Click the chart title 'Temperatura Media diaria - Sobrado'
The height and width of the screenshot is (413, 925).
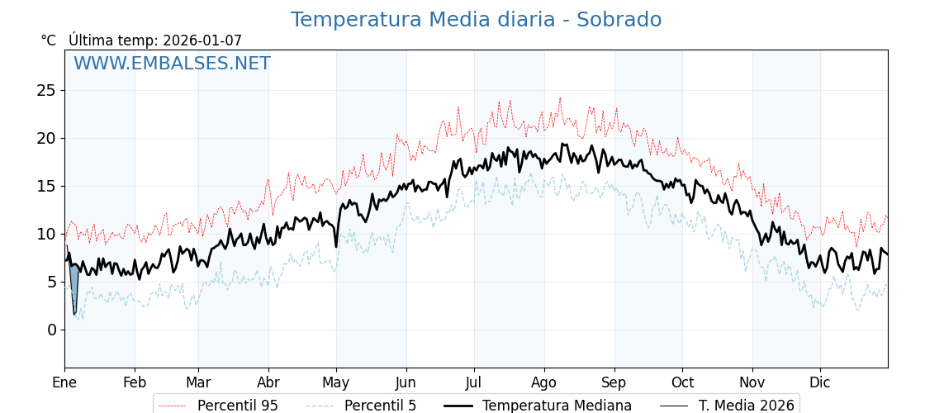tap(476, 20)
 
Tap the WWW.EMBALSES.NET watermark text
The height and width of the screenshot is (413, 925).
tap(172, 64)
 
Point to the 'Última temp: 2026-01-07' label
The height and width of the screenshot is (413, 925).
tap(155, 40)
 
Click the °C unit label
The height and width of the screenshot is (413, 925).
tap(49, 40)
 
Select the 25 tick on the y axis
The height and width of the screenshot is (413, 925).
tap(46, 90)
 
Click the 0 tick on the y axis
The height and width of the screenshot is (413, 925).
tap(51, 330)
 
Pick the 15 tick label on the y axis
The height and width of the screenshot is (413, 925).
tap(46, 186)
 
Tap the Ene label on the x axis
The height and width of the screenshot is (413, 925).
tap(64, 382)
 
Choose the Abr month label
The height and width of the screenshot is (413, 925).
tap(268, 382)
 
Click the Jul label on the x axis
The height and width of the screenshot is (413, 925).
tap(474, 382)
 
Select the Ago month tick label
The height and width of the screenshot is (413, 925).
tap(544, 382)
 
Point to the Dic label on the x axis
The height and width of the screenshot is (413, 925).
tap(820, 382)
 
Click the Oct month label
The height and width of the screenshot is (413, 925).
tap(682, 382)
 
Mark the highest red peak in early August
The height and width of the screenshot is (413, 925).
tap(559, 98)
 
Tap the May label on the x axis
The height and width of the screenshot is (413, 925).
tap(336, 382)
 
